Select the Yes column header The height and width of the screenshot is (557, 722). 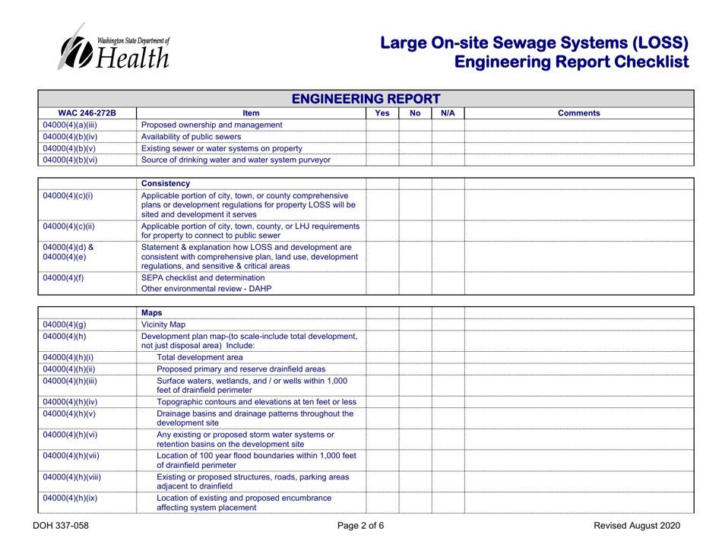click(382, 112)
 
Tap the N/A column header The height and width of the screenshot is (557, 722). click(447, 112)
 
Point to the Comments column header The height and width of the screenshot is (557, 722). click(579, 112)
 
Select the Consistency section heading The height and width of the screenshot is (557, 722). click(170, 183)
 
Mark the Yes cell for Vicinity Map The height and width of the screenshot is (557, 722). click(382, 324)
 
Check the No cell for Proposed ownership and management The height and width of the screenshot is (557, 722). click(415, 125)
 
